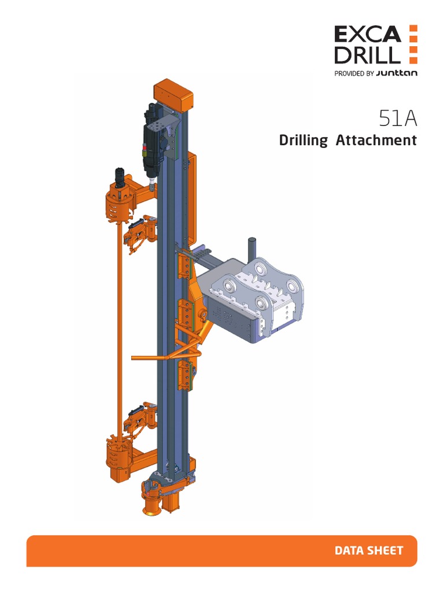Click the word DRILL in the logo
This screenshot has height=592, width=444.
point(367,55)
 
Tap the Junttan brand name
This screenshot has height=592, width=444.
point(396,73)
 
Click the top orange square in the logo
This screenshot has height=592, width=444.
point(412,29)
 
